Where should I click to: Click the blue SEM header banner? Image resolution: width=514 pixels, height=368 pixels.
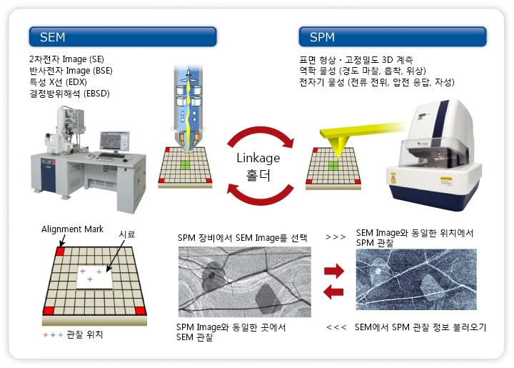(x=122, y=36)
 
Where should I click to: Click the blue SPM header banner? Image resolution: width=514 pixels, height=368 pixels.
(x=392, y=36)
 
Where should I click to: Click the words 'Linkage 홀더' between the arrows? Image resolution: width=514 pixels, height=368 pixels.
(x=258, y=165)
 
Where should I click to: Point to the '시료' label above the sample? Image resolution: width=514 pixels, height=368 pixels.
(x=126, y=234)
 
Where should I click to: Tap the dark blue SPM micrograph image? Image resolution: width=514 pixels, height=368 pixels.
(x=416, y=279)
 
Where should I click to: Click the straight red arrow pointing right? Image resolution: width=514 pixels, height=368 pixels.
(x=333, y=271)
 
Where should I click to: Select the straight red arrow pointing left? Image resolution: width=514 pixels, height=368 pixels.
(x=333, y=292)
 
